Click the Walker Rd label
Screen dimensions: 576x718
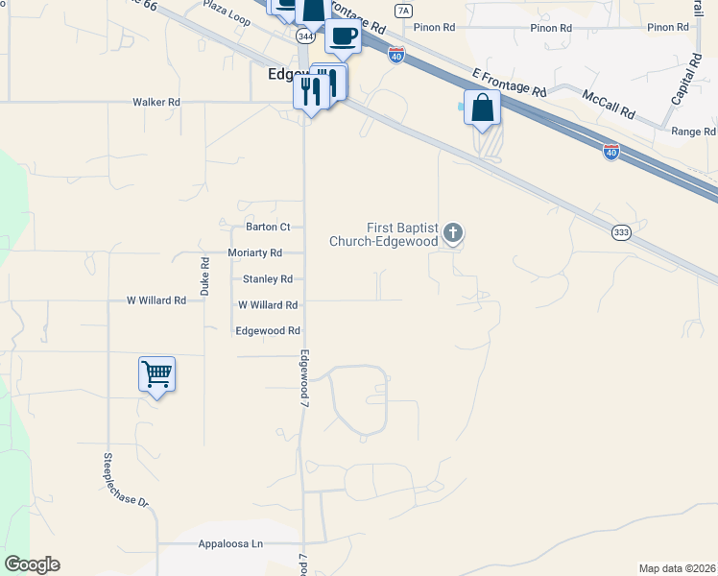tap(156, 102)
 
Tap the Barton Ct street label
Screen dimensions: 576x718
tap(268, 228)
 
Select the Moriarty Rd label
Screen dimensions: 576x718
tap(254, 252)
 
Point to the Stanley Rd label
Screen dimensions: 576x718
tap(268, 279)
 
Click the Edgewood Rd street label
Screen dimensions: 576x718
tap(268, 330)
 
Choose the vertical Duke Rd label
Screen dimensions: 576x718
tap(204, 275)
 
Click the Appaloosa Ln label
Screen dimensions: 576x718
tap(230, 544)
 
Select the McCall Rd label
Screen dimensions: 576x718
tap(610, 104)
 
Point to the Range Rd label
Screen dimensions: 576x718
tap(694, 132)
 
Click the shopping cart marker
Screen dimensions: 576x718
tap(156, 373)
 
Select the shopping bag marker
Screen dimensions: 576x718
tap(482, 108)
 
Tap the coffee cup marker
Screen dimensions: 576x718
tap(343, 36)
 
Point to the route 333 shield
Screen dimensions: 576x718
tap(621, 231)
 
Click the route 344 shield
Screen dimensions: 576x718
tap(305, 36)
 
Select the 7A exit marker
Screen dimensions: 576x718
tap(403, 11)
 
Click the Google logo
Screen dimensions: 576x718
tap(32, 564)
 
